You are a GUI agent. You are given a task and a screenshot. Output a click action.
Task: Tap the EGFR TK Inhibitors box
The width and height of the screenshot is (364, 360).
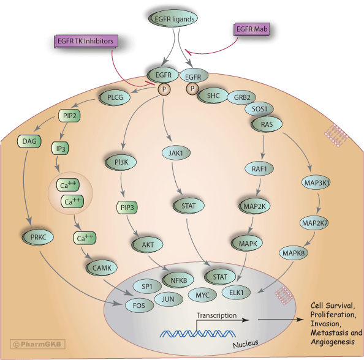click(x=84, y=42)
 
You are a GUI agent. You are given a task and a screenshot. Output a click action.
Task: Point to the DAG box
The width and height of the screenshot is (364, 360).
click(x=29, y=141)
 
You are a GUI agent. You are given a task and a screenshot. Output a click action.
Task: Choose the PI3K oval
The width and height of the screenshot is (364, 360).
click(x=133, y=161)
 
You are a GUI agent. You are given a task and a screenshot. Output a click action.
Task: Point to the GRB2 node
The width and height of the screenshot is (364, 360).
click(x=237, y=97)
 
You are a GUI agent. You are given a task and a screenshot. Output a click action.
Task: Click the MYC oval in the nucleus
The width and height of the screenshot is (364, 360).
click(x=203, y=295)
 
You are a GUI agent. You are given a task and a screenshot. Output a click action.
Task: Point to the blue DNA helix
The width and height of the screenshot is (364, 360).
click(x=191, y=333)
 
